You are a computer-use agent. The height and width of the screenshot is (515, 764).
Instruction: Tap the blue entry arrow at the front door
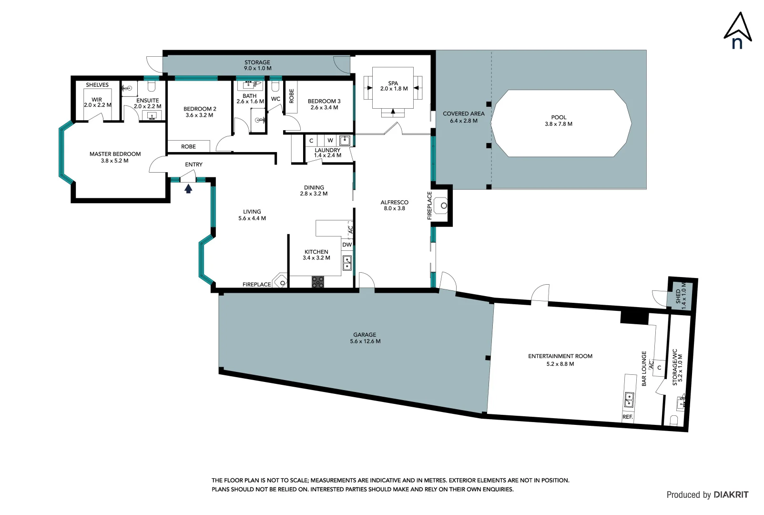(x=188, y=189)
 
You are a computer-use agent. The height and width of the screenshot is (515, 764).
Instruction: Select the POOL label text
(x=559, y=117)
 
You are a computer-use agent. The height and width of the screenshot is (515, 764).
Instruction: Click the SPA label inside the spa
(x=393, y=83)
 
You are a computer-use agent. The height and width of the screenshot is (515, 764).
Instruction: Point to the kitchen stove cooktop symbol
(x=318, y=282)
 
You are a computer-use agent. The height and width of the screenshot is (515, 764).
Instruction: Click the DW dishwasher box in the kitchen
(x=347, y=245)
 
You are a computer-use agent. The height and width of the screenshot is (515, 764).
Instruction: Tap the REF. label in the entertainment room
(x=628, y=417)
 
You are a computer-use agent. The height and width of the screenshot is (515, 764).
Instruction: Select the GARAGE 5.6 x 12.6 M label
(x=365, y=338)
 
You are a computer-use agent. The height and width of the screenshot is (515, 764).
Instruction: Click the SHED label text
(x=678, y=296)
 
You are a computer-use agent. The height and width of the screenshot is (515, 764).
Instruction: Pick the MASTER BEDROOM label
(x=115, y=154)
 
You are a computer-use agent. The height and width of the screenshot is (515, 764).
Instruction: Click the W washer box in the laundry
(x=330, y=141)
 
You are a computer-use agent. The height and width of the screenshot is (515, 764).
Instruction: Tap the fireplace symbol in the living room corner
(x=281, y=282)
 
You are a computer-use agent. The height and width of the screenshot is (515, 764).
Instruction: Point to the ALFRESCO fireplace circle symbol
(x=444, y=206)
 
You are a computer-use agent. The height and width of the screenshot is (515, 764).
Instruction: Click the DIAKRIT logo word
(x=731, y=494)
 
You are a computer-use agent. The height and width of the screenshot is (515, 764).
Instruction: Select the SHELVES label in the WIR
(x=97, y=85)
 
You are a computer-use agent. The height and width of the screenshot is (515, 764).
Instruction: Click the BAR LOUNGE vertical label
(x=644, y=368)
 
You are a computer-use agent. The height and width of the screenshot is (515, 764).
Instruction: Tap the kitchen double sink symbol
(x=347, y=263)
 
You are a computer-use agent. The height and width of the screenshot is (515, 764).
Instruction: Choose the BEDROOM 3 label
(x=324, y=101)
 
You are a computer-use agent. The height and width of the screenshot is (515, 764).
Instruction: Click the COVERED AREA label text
(x=463, y=113)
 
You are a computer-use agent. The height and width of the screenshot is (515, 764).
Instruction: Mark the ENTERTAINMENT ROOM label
(x=560, y=356)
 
